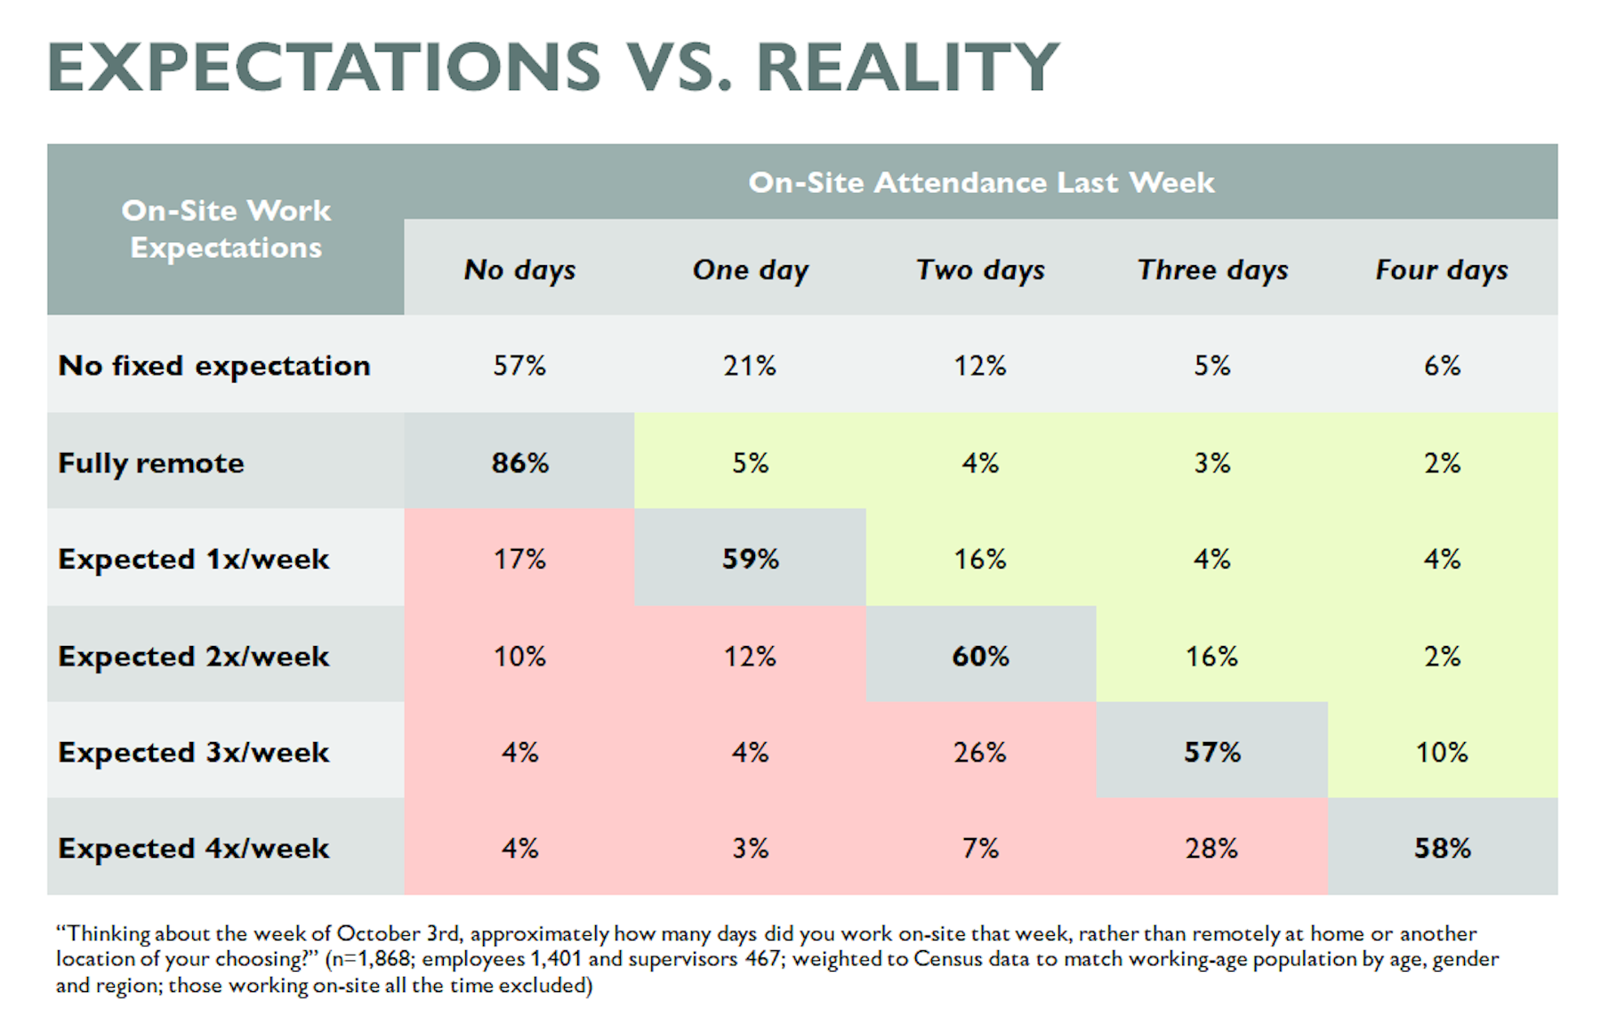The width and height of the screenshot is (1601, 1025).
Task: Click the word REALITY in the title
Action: click(x=907, y=68)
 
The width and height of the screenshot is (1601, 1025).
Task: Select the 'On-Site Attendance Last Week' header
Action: click(x=980, y=182)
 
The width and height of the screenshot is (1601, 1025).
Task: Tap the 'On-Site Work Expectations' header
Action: click(x=226, y=229)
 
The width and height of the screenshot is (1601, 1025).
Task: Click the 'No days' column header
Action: click(x=519, y=270)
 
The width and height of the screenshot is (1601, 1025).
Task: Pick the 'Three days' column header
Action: click(x=1211, y=270)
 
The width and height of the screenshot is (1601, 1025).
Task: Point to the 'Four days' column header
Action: click(x=1441, y=270)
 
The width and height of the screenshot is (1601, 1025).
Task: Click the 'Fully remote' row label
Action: click(x=151, y=463)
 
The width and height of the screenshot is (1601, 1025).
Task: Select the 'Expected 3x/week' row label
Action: click(x=194, y=752)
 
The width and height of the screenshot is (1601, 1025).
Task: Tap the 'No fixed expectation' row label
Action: click(x=214, y=366)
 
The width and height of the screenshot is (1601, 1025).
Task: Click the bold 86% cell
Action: click(x=519, y=463)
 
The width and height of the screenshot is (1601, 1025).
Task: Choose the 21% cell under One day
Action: click(x=750, y=366)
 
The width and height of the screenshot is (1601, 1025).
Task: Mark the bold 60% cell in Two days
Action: click(x=980, y=657)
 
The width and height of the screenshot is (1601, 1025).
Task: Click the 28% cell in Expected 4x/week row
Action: click(x=1211, y=848)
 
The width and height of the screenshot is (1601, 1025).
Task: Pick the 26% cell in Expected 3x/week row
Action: click(x=980, y=752)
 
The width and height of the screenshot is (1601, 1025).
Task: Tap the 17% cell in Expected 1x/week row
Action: click(x=519, y=559)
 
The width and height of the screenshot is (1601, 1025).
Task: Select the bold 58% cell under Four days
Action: click(x=1442, y=848)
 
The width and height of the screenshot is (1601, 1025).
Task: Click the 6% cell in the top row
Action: click(x=1442, y=366)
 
